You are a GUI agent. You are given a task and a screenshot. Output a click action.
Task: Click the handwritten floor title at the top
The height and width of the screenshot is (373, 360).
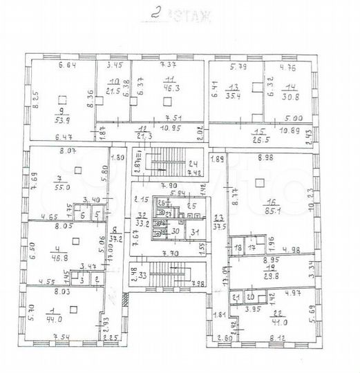[178, 13]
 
